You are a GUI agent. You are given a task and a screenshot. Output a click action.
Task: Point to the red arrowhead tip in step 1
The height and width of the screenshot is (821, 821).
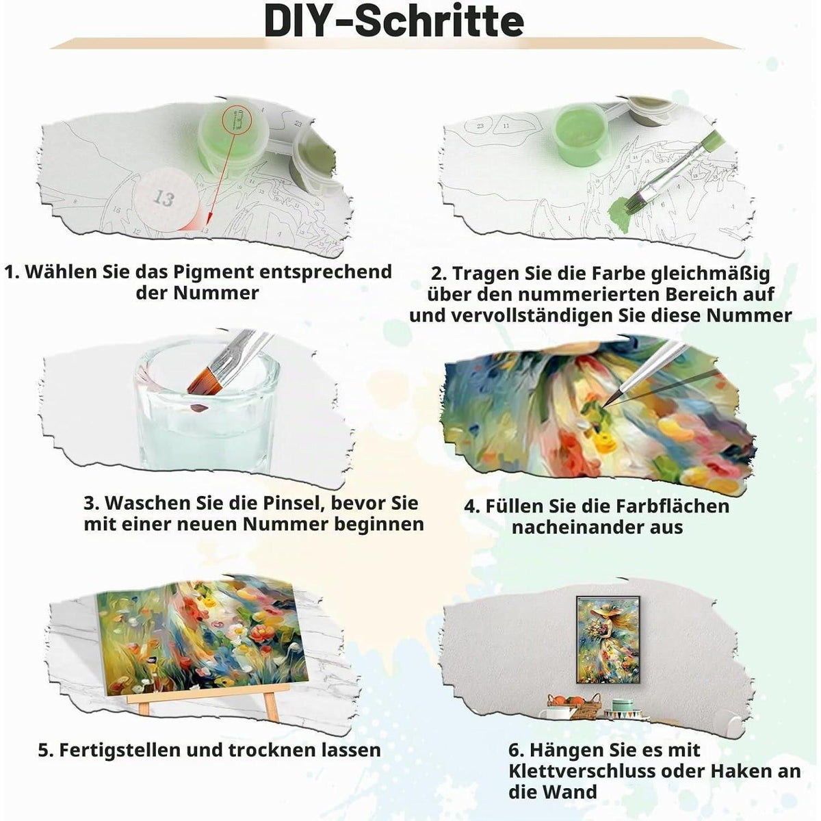tap(209, 223)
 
